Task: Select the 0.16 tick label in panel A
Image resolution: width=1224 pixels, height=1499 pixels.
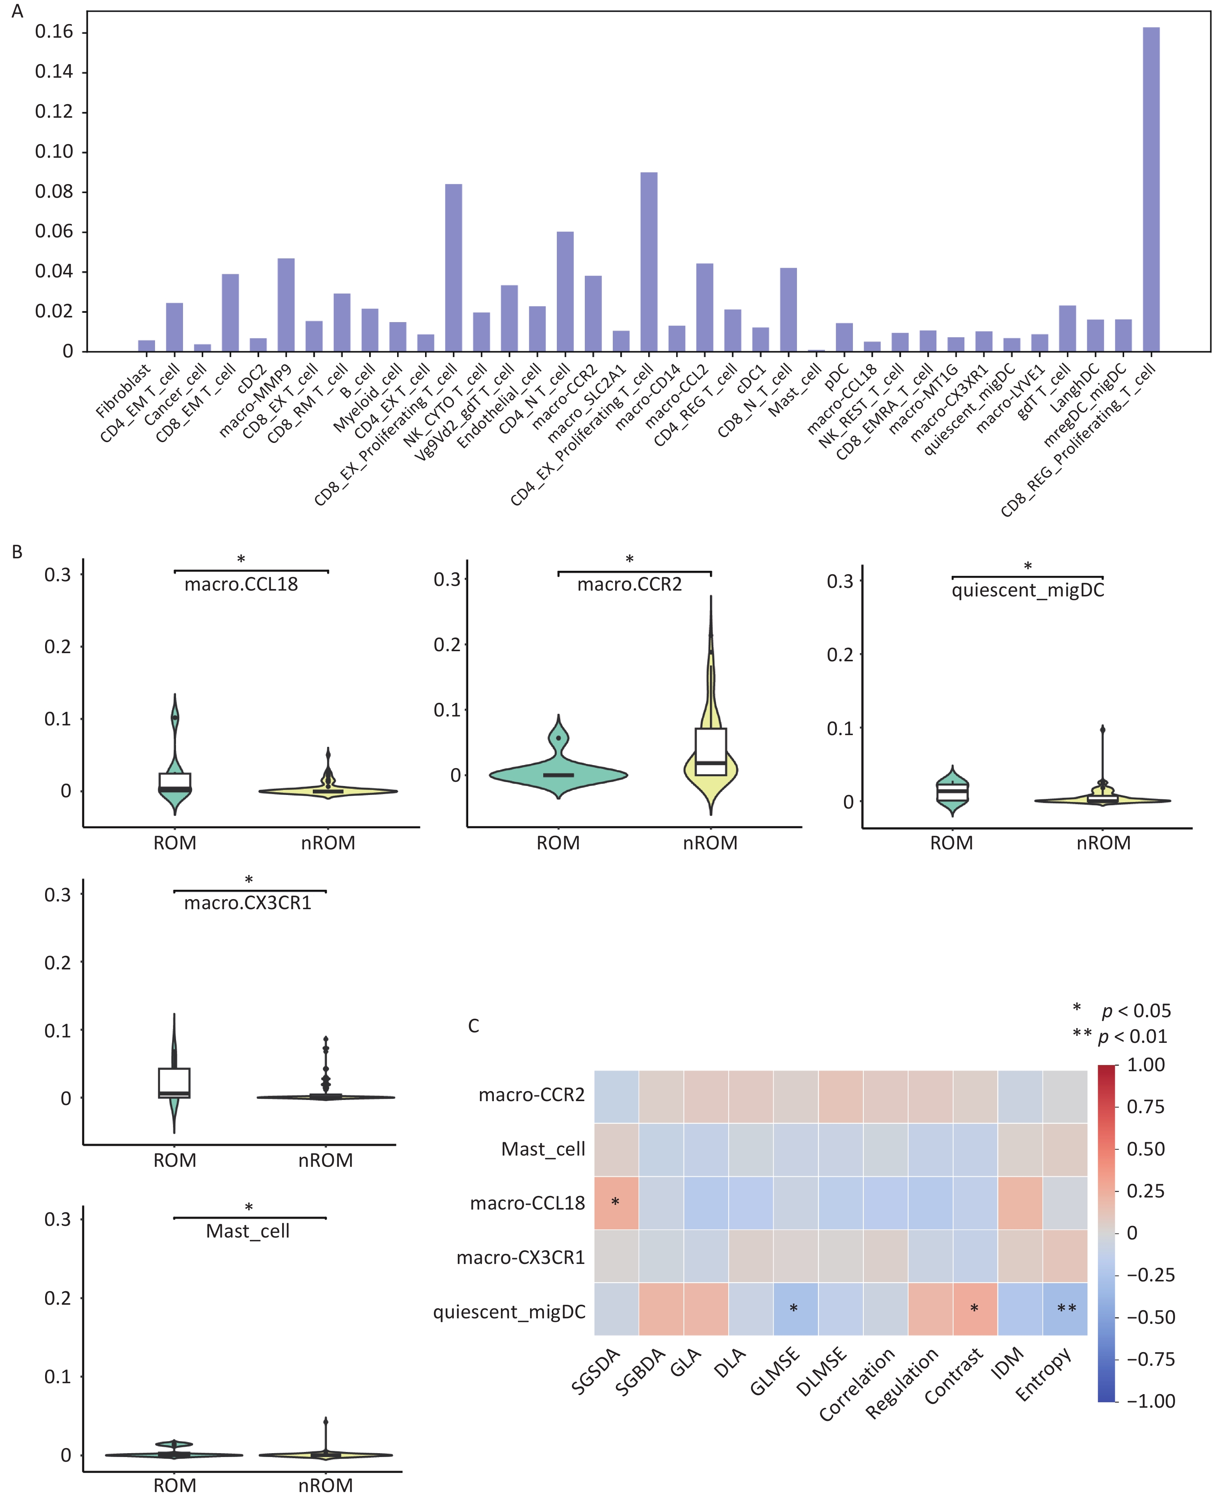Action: (x=54, y=32)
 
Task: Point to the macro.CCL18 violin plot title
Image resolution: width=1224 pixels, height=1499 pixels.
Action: (x=241, y=584)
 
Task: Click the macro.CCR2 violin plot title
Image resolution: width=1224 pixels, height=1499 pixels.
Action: (x=629, y=584)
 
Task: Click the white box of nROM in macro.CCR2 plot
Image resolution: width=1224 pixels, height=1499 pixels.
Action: (x=711, y=751)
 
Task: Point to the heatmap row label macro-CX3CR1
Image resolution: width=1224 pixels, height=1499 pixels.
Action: (x=520, y=1257)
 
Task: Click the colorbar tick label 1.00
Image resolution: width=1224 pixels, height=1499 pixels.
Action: (x=1146, y=1065)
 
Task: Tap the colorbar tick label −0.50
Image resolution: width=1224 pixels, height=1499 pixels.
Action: (x=1151, y=1317)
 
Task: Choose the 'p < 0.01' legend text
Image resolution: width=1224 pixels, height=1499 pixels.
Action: (x=1133, y=1037)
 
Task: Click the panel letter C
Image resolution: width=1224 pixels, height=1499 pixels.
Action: (x=474, y=1026)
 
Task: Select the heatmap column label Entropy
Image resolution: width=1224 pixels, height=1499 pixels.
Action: (x=1043, y=1375)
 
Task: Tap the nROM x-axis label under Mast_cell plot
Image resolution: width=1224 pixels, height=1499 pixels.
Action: (x=325, y=1486)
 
